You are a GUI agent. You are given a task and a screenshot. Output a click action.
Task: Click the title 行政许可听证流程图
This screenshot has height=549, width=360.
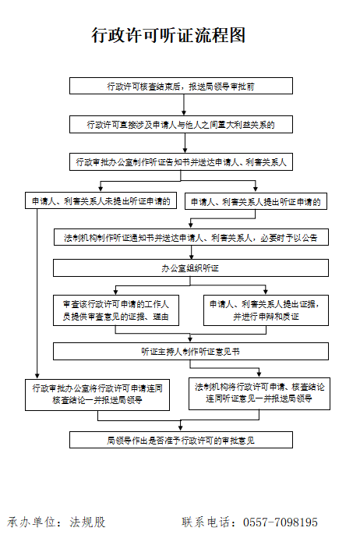point(168,35)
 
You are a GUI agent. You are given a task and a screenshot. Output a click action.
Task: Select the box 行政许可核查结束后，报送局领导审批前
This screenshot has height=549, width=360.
point(181,86)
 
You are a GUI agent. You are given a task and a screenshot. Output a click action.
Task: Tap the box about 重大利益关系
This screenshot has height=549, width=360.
point(181,125)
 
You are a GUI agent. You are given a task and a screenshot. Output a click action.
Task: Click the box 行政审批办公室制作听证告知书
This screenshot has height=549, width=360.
point(181,161)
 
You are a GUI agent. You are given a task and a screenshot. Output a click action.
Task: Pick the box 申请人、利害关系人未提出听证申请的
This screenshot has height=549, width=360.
point(101,200)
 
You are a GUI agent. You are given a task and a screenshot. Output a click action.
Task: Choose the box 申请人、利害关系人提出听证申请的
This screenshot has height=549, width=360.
point(256,201)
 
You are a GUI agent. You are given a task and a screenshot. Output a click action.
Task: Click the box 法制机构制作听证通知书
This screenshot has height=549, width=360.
point(191,237)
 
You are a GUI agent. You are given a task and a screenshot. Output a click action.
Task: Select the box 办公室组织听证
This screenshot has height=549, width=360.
point(191,268)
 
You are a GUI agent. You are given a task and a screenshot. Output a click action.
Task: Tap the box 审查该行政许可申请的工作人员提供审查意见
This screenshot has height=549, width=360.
point(116,310)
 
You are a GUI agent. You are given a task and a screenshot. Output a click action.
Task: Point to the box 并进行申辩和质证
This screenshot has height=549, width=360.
point(266,310)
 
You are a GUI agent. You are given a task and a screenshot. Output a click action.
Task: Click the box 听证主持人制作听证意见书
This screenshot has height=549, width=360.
point(191,352)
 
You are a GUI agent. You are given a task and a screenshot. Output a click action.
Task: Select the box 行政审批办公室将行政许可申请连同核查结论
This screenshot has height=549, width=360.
point(97,395)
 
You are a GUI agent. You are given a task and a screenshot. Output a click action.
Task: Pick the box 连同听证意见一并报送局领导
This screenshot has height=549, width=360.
point(259,394)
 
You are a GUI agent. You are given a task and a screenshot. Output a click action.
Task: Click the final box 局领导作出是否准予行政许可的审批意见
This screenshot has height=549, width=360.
point(181,440)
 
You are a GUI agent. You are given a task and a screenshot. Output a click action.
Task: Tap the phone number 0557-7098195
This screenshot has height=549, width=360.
point(281,522)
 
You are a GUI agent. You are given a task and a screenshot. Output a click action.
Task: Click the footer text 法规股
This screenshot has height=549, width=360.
point(87,522)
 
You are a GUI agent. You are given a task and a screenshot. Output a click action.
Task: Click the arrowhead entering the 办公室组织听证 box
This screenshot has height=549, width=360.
point(192,257)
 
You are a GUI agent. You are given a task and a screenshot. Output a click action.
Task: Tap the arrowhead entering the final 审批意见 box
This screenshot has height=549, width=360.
point(181,429)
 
